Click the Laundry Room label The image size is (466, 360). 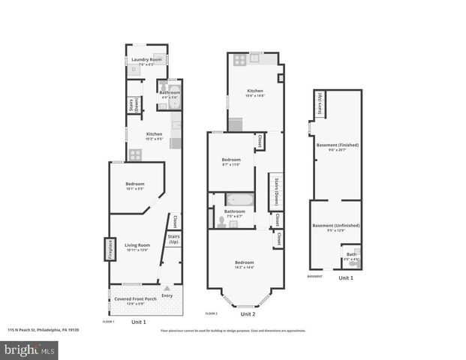146,59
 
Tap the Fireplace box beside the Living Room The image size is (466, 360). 108,248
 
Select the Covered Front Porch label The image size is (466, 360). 134,299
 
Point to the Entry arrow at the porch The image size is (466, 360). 167,289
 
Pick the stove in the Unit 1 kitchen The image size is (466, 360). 136,154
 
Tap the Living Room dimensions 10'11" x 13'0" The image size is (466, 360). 137,250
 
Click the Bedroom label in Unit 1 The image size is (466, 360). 134,184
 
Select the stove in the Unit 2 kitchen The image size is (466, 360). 239,59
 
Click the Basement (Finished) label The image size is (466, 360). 335,145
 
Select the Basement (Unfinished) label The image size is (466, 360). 335,225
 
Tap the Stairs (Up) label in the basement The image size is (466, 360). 320,104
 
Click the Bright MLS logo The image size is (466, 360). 29,349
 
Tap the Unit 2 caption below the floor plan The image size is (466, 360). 237,314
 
